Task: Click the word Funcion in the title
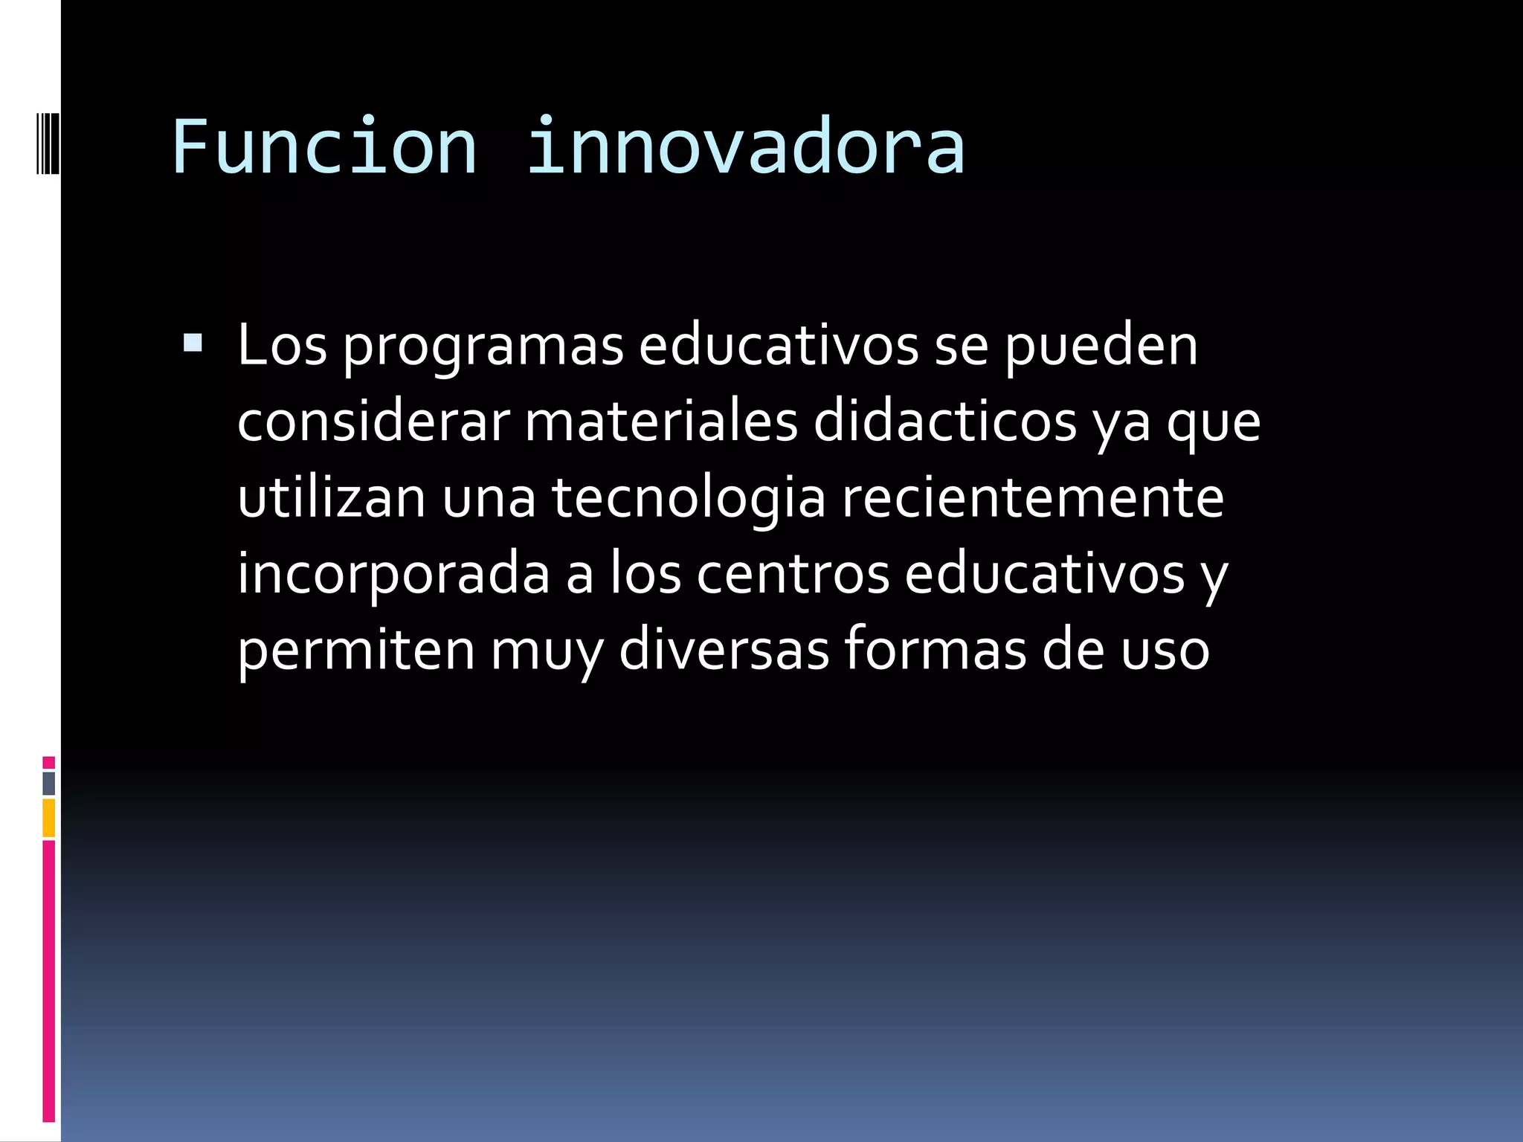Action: point(324,146)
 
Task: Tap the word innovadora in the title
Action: point(745,146)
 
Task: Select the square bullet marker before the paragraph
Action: point(193,343)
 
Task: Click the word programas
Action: point(483,347)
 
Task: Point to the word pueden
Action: point(1101,347)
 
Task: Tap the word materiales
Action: point(661,422)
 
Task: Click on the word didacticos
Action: point(944,422)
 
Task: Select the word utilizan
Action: point(332,497)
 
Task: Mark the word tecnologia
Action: point(689,499)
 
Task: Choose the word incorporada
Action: point(393,574)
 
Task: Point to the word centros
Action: point(793,574)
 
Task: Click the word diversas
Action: point(724,649)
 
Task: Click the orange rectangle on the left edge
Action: point(48,817)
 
